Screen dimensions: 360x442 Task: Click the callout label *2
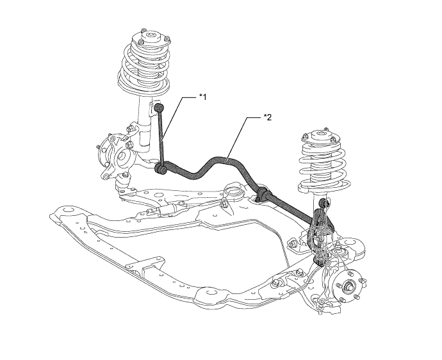pos(268,118)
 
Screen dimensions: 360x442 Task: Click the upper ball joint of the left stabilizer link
pos(161,106)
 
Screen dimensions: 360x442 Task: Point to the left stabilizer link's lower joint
pos(161,169)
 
